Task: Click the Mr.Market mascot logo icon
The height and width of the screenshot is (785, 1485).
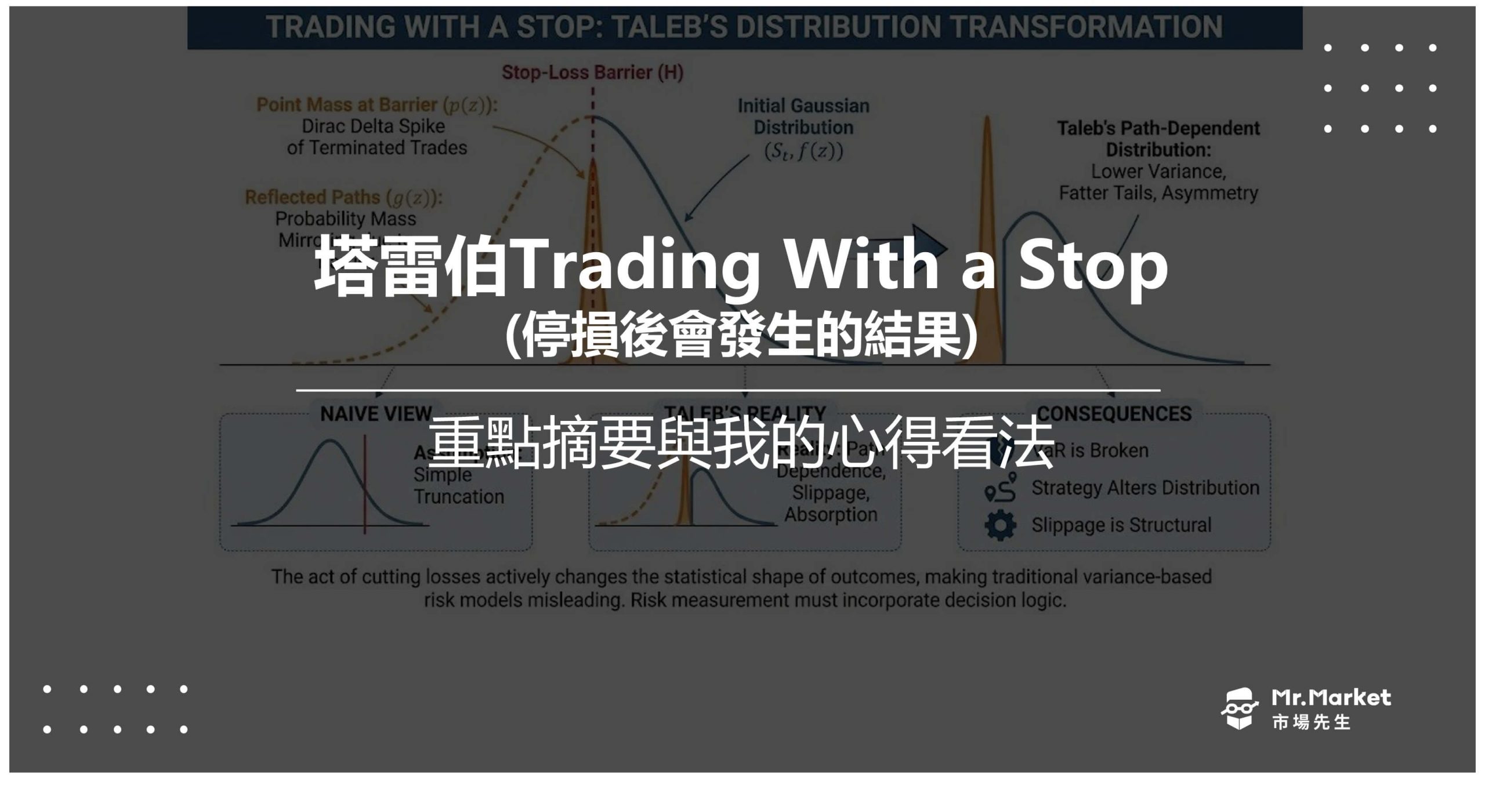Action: pyautogui.click(x=1239, y=708)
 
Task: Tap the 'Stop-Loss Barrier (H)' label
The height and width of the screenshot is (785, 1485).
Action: pyautogui.click(x=592, y=72)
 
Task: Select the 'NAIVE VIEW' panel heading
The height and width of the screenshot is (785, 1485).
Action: pyautogui.click(x=376, y=413)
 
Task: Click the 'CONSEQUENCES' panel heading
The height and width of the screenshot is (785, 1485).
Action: pyautogui.click(x=1114, y=413)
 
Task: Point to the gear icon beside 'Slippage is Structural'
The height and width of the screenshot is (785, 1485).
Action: pyautogui.click(x=1000, y=525)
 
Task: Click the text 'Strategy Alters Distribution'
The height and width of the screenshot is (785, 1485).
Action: pyautogui.click(x=1145, y=488)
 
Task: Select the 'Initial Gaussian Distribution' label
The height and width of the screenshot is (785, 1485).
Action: pyautogui.click(x=803, y=117)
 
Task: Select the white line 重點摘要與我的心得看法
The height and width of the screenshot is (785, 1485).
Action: pyautogui.click(x=741, y=443)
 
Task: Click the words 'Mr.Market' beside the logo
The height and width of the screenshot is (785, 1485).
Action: pyautogui.click(x=1331, y=697)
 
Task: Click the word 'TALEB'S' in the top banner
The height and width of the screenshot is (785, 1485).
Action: pyautogui.click(x=669, y=27)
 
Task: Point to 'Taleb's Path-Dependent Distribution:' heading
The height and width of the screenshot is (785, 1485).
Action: pyautogui.click(x=1158, y=139)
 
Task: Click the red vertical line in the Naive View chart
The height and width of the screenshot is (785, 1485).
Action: pyautogui.click(x=365, y=484)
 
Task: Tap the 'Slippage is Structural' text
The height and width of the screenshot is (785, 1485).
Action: pyautogui.click(x=1121, y=525)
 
